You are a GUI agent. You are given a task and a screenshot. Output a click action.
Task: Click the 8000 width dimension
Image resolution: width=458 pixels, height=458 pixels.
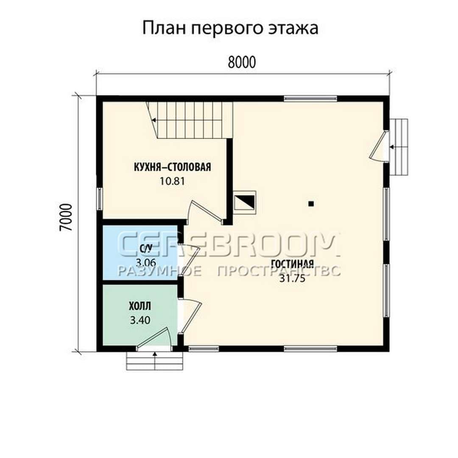click(242, 62)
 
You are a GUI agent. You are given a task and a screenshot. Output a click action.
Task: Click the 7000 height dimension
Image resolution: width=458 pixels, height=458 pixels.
click(66, 218)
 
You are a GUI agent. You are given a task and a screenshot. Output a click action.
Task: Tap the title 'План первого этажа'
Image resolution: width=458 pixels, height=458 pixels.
click(230, 28)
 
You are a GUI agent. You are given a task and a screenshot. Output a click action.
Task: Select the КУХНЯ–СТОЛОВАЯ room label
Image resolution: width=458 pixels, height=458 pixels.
click(172, 168)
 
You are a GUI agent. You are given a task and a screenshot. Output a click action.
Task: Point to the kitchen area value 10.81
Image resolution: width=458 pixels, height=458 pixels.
click(172, 182)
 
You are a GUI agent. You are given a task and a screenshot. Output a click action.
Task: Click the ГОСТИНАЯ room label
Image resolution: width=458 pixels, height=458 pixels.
click(292, 264)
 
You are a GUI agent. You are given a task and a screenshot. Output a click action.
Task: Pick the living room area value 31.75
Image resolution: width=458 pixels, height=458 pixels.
click(292, 278)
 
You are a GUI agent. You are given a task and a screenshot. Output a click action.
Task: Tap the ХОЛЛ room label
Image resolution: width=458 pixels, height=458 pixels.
click(140, 307)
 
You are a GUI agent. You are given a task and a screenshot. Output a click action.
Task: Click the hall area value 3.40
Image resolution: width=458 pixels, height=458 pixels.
click(140, 321)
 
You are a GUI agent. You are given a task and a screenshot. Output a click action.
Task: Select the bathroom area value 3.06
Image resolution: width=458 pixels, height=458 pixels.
click(146, 263)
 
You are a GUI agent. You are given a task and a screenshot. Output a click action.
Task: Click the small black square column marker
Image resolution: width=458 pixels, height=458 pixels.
click(311, 204)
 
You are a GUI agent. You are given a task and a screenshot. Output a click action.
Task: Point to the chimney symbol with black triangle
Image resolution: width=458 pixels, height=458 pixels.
click(245, 201)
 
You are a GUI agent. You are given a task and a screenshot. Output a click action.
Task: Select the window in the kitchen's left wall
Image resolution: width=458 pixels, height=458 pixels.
click(100, 198)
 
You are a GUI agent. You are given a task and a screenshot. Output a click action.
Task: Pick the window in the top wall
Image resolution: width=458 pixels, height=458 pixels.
click(310, 99)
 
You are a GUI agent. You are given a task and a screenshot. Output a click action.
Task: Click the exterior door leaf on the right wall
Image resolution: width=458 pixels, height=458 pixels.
click(378, 145)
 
